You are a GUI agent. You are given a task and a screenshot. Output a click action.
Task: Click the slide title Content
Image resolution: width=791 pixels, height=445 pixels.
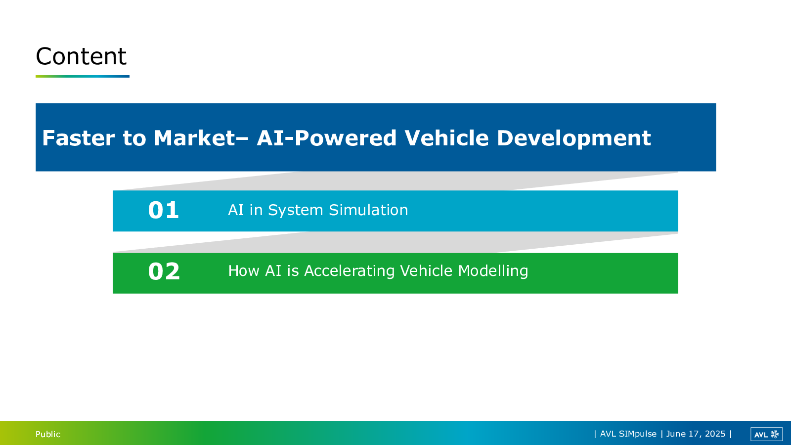(x=81, y=56)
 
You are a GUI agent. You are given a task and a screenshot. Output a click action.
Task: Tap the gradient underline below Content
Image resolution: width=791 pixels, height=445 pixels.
(x=82, y=76)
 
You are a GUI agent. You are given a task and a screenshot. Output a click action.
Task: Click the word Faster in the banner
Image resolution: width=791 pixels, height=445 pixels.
(x=79, y=138)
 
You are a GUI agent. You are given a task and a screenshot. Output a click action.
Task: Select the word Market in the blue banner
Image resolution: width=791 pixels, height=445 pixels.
(x=195, y=138)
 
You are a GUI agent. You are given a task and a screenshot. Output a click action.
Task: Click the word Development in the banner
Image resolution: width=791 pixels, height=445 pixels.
(x=574, y=138)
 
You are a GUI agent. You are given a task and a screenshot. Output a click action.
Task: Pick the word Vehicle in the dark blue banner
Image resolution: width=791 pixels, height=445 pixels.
(x=446, y=138)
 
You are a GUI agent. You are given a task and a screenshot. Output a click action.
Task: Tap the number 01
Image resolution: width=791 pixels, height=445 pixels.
(x=164, y=210)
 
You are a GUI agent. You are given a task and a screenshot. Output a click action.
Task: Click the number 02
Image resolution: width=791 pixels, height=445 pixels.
(x=164, y=271)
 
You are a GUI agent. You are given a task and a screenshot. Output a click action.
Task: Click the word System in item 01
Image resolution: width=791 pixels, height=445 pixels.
(x=296, y=211)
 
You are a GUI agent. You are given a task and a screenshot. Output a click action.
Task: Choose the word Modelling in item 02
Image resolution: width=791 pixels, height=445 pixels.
(x=493, y=271)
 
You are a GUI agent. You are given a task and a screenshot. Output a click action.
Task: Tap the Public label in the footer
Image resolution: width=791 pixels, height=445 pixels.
(x=48, y=434)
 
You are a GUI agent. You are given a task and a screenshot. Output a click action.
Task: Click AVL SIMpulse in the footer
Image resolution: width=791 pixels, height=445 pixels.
(x=628, y=434)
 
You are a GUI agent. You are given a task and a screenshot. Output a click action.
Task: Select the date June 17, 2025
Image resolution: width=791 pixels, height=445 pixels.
(x=696, y=434)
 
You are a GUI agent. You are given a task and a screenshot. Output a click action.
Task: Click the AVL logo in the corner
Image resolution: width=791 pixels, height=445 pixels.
(x=766, y=435)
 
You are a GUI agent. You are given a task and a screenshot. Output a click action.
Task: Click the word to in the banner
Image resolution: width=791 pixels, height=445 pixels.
(x=134, y=138)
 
